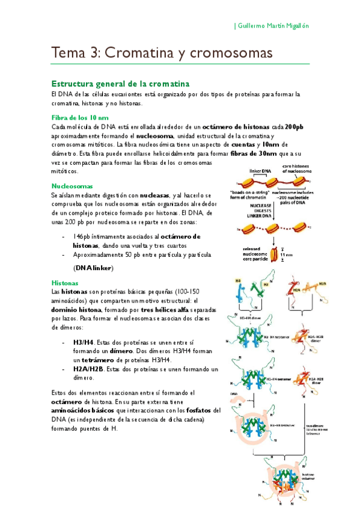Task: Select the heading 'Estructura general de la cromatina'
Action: point(120,83)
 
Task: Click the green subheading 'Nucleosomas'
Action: point(71,186)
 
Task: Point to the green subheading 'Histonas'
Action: point(65,281)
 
